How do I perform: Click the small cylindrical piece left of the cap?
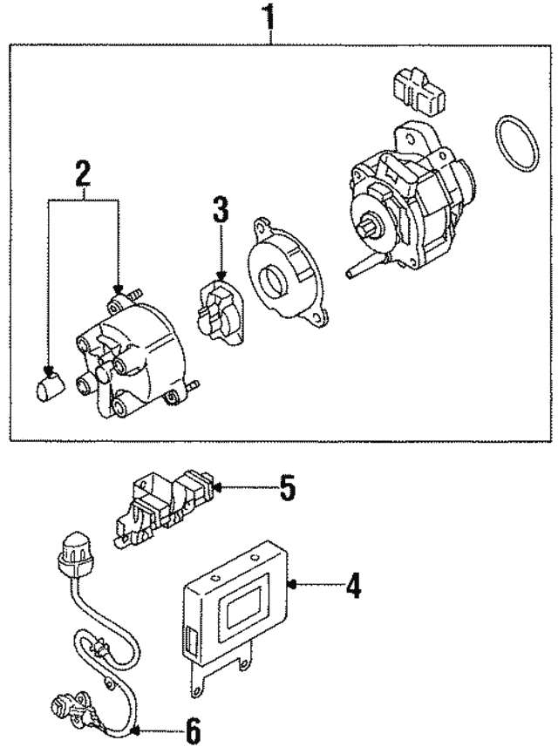(49, 384)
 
